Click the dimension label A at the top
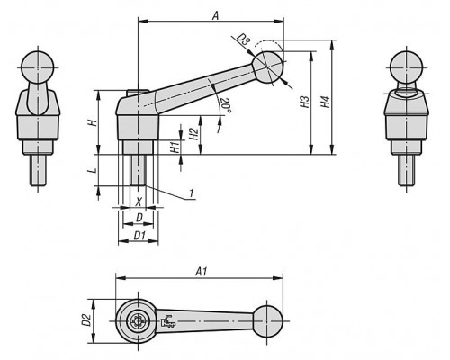[x=215, y=15]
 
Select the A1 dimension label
[x=202, y=272]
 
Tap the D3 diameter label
[x=243, y=40]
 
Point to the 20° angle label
[x=226, y=105]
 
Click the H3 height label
[x=304, y=102]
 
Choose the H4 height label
[x=325, y=102]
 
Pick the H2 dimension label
[x=194, y=134]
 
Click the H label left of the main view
[x=94, y=122]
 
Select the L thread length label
[x=94, y=170]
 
